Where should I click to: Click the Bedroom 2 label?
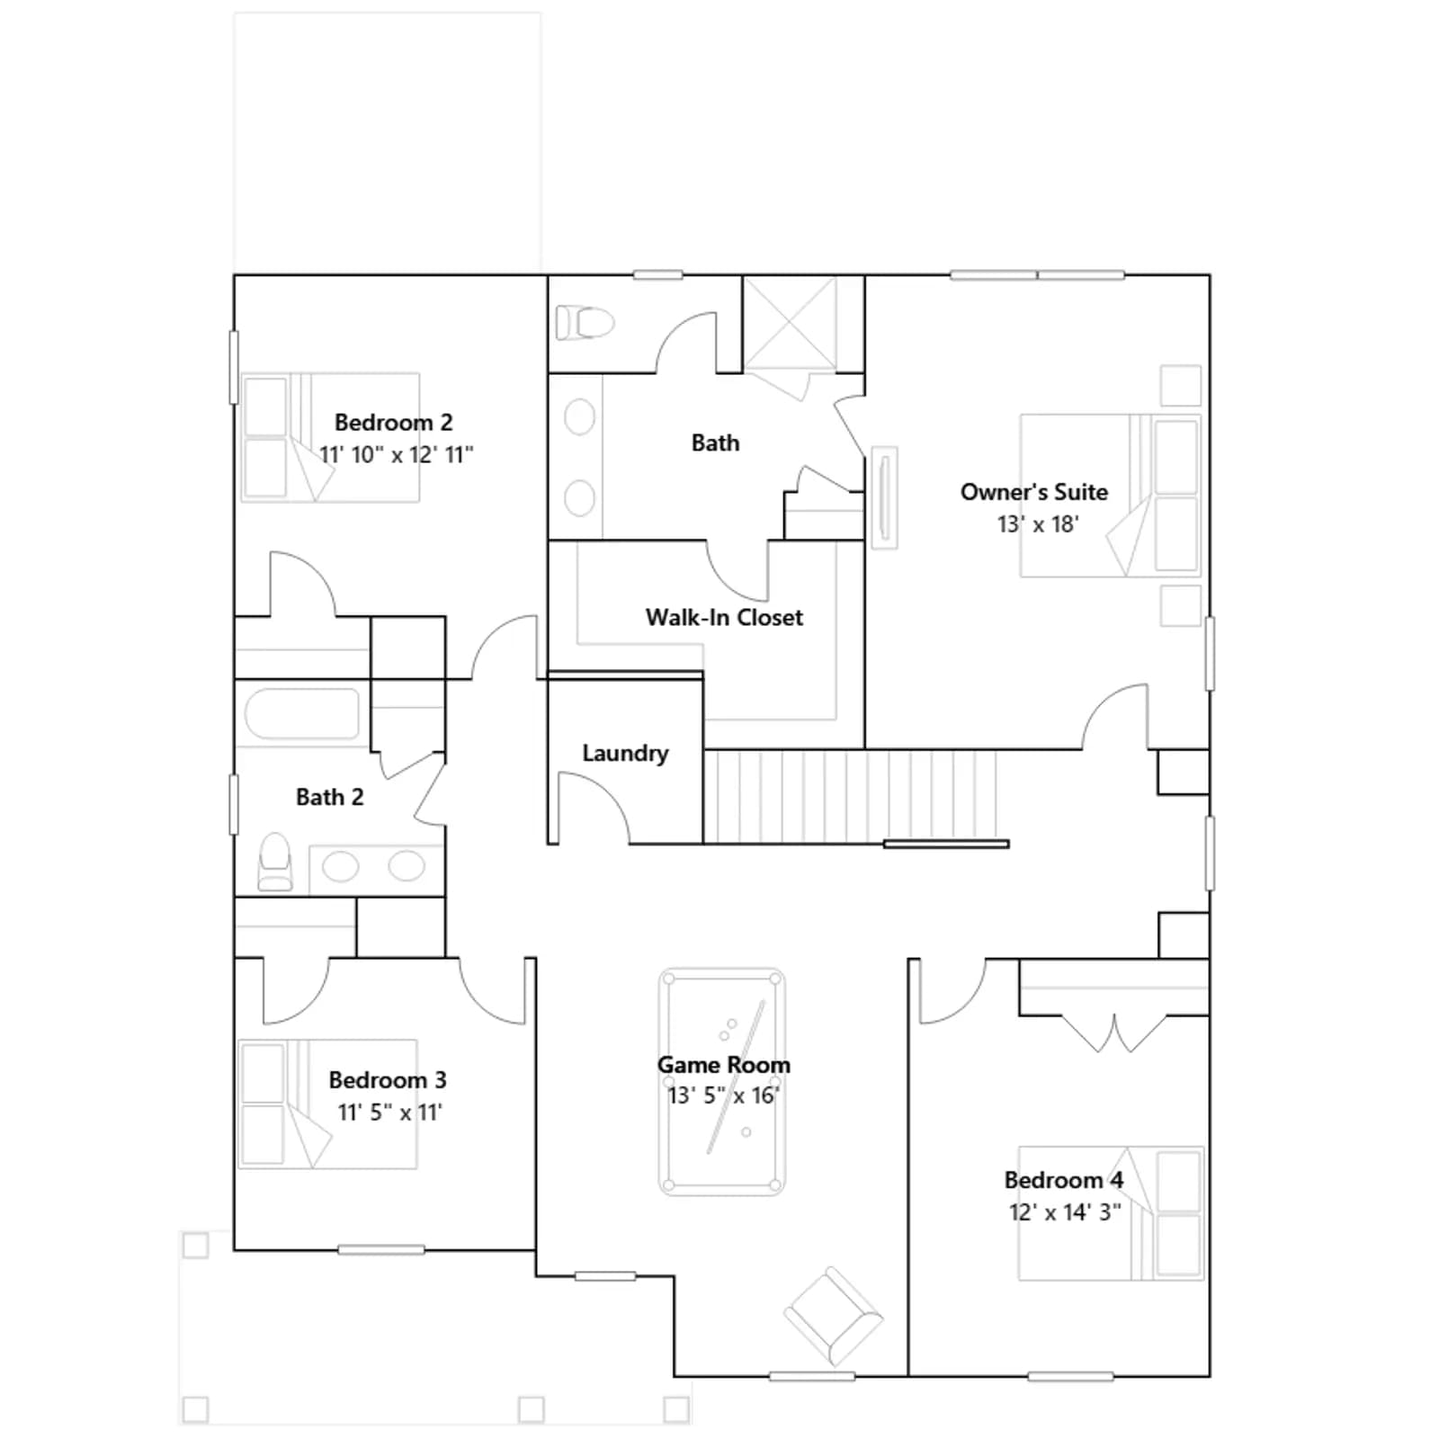coord(393,422)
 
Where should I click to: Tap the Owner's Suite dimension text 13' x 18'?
coord(1038,523)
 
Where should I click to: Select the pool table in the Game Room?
coord(721,1081)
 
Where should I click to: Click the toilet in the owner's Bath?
coord(585,322)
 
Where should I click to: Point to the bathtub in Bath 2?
coord(302,713)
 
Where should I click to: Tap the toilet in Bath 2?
coord(275,861)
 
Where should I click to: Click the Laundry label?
coord(625,753)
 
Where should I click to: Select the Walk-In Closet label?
coord(724,617)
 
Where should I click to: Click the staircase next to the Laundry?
coord(850,796)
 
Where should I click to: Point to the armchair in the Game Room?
coord(833,1316)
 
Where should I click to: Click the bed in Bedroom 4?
coord(1111,1212)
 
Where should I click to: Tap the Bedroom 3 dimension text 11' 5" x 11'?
coord(389,1113)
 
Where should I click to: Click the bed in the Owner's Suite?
coord(1111,495)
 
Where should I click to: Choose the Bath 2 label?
coord(329,797)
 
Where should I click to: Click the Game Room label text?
coord(724,1064)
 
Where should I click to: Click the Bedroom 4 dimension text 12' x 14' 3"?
coord(1065,1212)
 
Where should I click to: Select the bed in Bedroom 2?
coord(330,437)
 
